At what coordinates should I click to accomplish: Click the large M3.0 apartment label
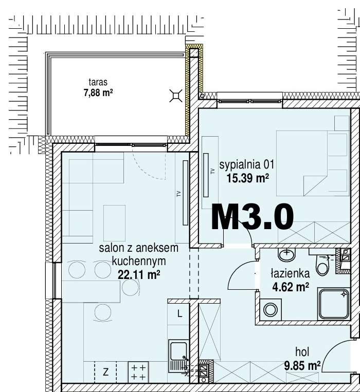click(252, 216)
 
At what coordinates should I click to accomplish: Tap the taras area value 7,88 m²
click(98, 93)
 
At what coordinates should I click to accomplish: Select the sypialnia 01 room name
click(247, 165)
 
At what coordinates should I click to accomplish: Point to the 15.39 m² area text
click(248, 178)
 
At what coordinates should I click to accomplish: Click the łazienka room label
click(290, 273)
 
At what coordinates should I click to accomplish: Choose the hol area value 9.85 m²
click(302, 366)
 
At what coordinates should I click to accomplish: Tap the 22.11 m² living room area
click(139, 275)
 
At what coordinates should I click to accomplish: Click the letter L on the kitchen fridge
click(179, 313)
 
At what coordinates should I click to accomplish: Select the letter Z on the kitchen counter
click(106, 372)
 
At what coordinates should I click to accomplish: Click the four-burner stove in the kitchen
click(138, 372)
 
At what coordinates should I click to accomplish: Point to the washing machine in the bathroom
click(271, 310)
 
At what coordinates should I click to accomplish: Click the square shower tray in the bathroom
click(334, 304)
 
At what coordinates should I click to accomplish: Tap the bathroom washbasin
click(286, 255)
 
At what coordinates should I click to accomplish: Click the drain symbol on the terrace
click(176, 96)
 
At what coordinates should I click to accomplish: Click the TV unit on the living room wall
click(185, 193)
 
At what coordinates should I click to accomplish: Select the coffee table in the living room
click(114, 223)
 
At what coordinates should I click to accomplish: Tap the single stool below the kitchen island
click(102, 312)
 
